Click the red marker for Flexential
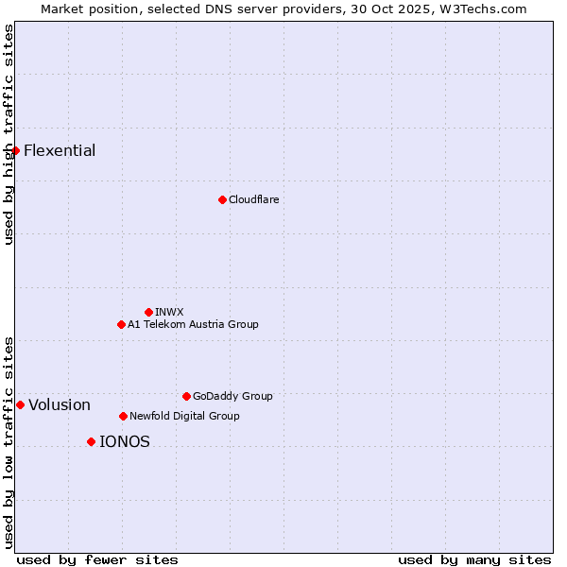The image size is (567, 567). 15,150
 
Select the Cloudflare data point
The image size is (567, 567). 222,199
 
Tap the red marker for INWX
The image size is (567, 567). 148,312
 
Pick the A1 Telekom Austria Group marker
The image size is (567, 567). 121,324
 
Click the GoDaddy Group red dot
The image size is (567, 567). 186,396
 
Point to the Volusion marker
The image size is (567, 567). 20,404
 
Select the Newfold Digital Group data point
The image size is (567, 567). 123,416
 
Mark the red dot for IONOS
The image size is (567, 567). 91,441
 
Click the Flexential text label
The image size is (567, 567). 60,150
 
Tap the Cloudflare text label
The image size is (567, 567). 253,199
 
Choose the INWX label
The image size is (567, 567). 169,312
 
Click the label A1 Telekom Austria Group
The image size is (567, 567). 193,324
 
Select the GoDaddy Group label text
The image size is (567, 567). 232,396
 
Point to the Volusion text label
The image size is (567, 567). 60,405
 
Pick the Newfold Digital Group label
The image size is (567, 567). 184,416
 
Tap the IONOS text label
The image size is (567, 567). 125,441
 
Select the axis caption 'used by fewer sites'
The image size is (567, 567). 97,559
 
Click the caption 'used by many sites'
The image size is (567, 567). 474,559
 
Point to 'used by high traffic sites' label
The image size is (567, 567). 9,134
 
